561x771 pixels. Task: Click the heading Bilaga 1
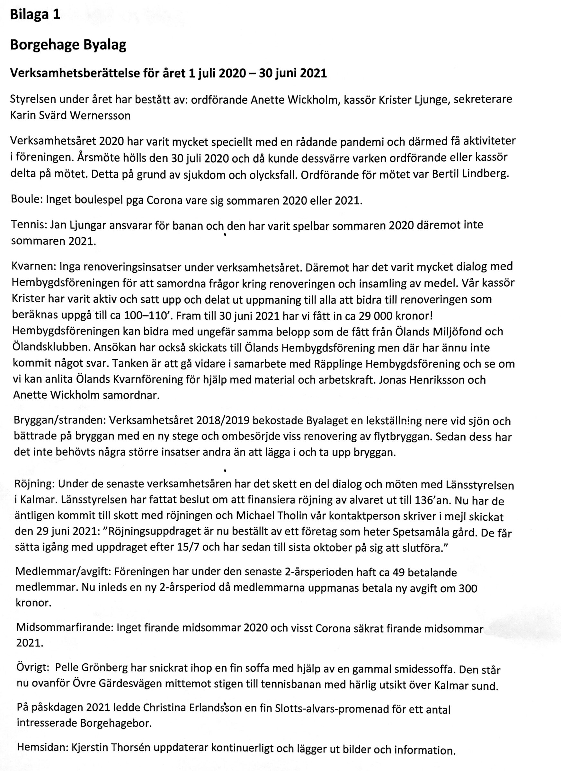(35, 15)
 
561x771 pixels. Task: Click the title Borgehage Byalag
(68, 45)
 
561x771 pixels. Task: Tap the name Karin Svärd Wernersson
(70, 116)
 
